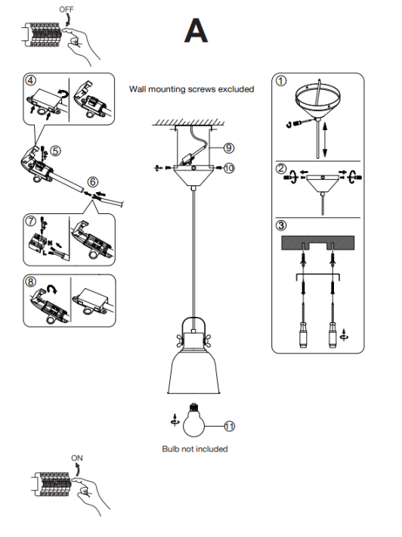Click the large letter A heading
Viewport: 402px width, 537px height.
(x=196, y=30)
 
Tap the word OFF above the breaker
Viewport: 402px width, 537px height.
(x=66, y=9)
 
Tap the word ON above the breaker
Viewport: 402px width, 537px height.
(x=77, y=458)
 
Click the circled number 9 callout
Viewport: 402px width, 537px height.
(x=229, y=148)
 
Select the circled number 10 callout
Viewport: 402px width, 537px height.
(x=229, y=168)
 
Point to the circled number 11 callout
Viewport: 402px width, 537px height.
(x=229, y=427)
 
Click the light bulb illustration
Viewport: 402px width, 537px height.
(x=193, y=421)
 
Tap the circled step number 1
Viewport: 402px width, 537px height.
(x=281, y=81)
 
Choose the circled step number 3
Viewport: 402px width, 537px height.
(x=281, y=225)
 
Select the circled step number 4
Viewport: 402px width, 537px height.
(x=30, y=80)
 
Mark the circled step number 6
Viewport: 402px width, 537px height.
(x=93, y=182)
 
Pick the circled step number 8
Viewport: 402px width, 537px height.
(x=31, y=282)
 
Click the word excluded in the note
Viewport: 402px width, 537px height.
(x=236, y=89)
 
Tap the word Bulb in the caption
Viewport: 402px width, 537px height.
(x=170, y=449)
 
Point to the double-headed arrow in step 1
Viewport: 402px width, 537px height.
(x=325, y=140)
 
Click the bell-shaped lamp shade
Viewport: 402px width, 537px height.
(x=193, y=371)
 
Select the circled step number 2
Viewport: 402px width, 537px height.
(x=281, y=169)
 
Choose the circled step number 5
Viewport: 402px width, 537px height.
(x=55, y=151)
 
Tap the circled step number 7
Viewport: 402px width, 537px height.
(x=31, y=221)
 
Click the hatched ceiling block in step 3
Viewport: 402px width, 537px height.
(x=318, y=243)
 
